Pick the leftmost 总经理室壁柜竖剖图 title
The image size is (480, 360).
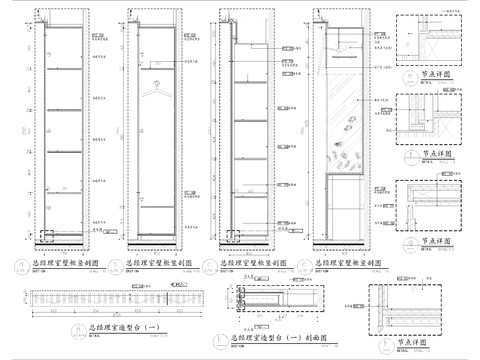tap(59, 265)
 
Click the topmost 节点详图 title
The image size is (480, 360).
tap(438, 72)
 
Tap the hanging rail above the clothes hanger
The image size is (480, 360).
tap(155, 71)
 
